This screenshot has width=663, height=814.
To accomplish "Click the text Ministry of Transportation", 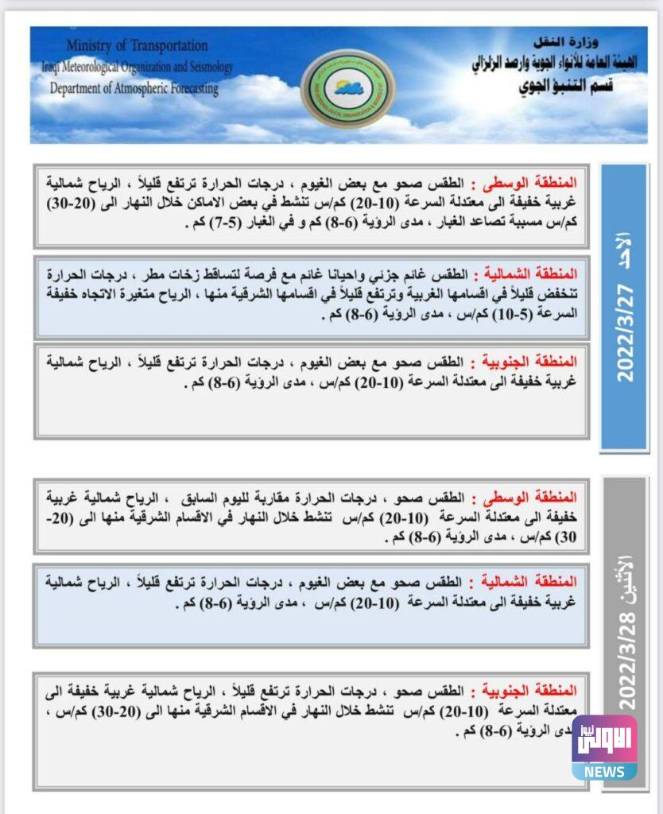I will [x=138, y=46].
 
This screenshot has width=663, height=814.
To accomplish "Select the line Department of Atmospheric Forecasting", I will [x=134, y=89].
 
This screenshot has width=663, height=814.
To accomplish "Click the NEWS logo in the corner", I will [x=604, y=748].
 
